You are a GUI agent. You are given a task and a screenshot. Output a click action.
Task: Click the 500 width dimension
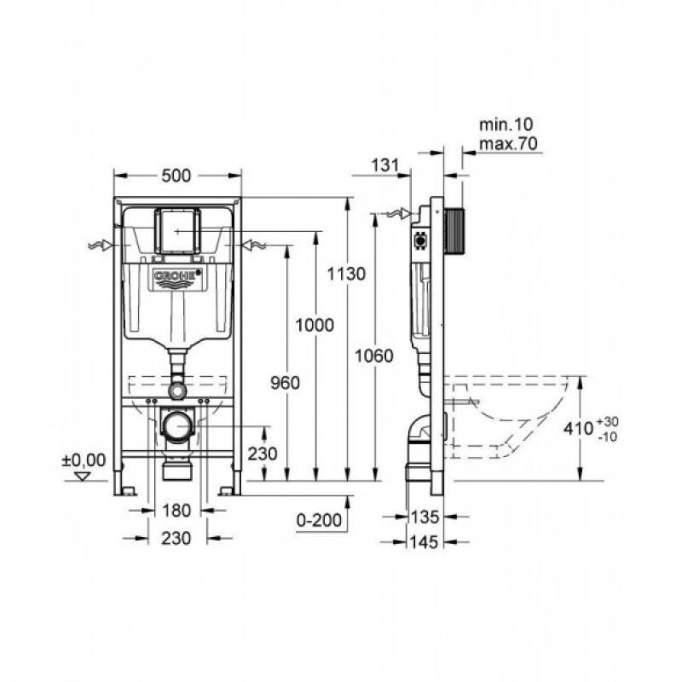tap(176, 176)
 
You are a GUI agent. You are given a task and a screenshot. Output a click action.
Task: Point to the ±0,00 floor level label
tap(84, 460)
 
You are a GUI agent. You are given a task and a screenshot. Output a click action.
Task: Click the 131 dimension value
tap(386, 165)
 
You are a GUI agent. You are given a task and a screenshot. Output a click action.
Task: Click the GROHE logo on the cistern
tap(177, 278)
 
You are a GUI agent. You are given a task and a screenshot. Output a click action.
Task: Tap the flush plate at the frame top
tap(177, 228)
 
